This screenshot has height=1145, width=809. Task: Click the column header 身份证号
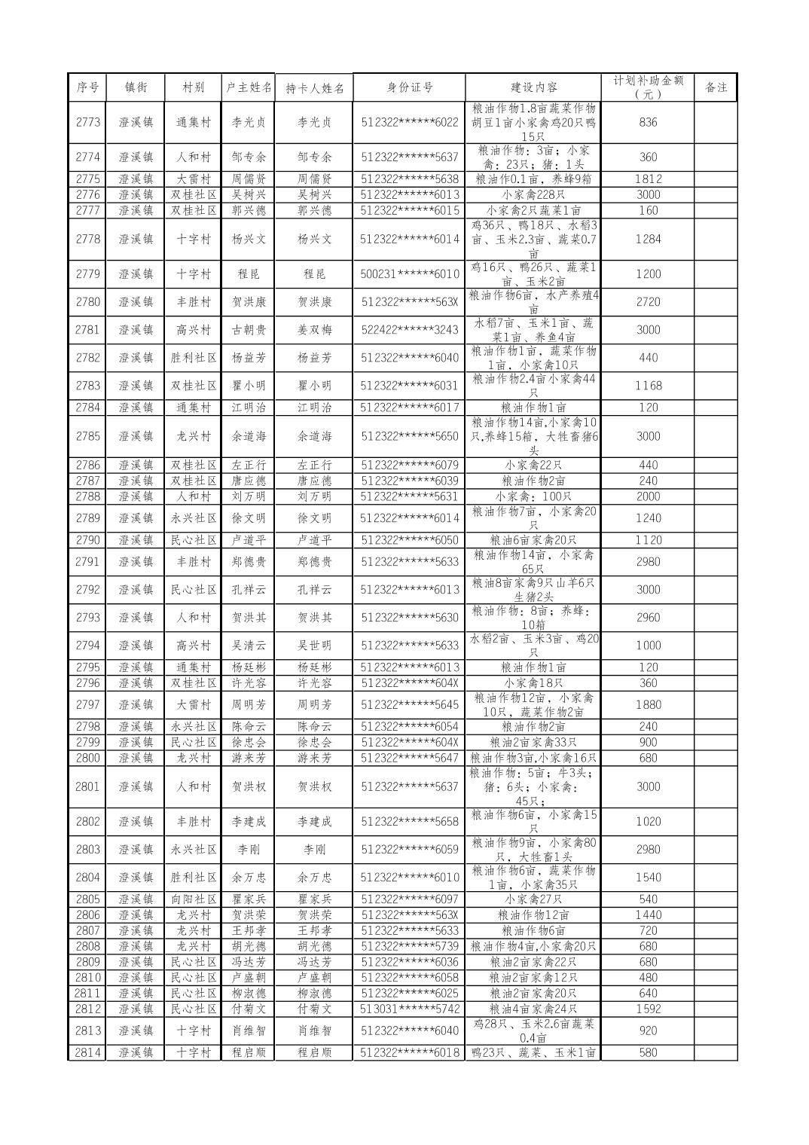(409, 87)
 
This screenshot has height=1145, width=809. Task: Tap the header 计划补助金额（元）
(648, 87)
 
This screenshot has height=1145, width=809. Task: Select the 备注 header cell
(716, 87)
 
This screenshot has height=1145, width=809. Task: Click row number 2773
(87, 122)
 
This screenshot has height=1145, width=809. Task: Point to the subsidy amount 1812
(648, 179)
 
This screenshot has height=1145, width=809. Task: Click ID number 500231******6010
(409, 274)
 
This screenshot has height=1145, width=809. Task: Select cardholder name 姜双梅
(314, 330)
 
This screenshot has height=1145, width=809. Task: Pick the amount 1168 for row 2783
(648, 386)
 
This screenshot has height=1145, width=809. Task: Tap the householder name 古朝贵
(249, 330)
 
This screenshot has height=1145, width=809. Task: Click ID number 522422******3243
(409, 330)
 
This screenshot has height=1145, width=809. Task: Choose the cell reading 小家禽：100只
(533, 496)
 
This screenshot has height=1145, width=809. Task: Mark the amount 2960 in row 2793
(648, 618)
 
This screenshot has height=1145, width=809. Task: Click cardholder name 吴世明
(314, 646)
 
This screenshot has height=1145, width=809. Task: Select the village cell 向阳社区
(194, 899)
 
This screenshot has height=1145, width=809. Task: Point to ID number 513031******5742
(409, 1009)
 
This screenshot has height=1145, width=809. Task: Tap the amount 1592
(648, 1009)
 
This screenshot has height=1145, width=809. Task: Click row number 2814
(87, 1053)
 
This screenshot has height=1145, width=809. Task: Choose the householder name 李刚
(249, 850)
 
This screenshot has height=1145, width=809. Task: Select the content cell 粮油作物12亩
(533, 915)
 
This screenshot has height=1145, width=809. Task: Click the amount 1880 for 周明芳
(648, 705)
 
